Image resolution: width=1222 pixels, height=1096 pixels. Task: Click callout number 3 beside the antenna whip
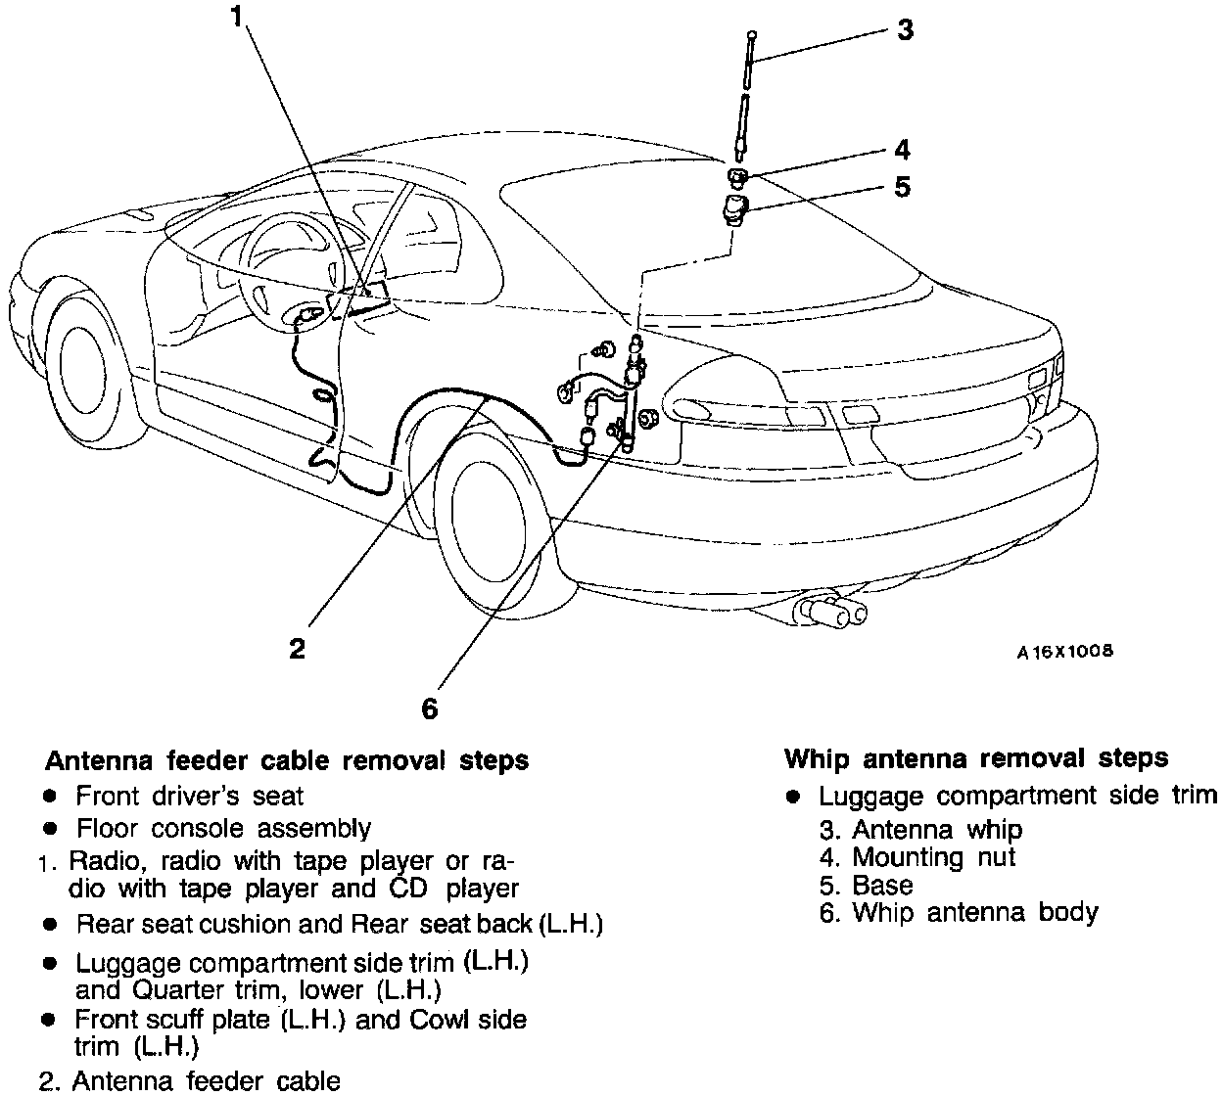click(905, 30)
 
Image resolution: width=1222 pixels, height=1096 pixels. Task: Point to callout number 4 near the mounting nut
click(901, 150)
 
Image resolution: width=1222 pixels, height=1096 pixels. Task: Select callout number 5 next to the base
click(902, 186)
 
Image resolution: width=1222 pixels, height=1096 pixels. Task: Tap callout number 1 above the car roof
click(235, 17)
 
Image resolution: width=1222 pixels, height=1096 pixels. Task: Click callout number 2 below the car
click(297, 648)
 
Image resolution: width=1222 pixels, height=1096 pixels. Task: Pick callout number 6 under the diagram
click(429, 708)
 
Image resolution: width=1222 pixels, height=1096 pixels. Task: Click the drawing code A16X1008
click(1064, 651)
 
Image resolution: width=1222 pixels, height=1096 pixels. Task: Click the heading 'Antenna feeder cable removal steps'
click(288, 760)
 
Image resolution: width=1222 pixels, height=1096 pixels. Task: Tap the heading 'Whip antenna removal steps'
click(976, 758)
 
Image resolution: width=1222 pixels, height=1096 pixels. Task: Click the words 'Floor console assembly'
click(224, 829)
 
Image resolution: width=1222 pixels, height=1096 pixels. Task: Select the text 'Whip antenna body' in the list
click(975, 913)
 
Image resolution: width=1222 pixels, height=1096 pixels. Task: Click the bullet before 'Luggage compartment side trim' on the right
click(795, 797)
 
